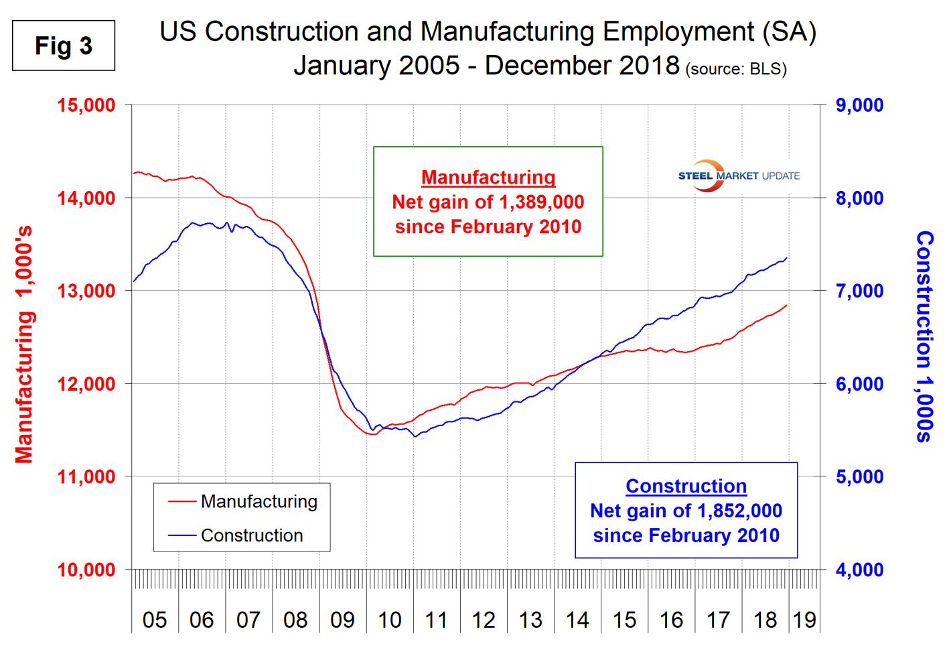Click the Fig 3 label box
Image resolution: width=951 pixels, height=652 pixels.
coord(64,46)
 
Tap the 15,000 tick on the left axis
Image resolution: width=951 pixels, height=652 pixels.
coord(86,105)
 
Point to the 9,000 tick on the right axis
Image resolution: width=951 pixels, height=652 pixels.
coord(859,105)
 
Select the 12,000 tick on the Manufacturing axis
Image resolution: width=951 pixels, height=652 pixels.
coord(86,384)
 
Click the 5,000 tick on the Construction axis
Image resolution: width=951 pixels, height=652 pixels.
coord(859,477)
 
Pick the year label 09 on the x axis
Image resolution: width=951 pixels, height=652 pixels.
coord(342,620)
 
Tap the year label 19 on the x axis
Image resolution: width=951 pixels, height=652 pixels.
coord(804,620)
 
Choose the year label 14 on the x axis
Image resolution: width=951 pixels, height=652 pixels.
coord(577,620)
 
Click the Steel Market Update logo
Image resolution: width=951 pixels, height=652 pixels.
coord(739,176)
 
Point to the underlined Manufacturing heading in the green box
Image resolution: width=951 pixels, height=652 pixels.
coord(488,177)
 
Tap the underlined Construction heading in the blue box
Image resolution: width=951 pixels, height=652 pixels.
coord(686,486)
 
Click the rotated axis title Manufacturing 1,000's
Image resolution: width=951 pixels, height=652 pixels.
coord(24,345)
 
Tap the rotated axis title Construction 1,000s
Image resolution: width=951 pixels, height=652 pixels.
coord(924,336)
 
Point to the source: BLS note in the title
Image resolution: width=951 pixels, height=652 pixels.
coord(736,69)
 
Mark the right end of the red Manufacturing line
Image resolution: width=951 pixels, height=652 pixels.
coord(786,306)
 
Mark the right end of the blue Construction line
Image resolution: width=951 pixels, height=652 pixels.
coord(786,258)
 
